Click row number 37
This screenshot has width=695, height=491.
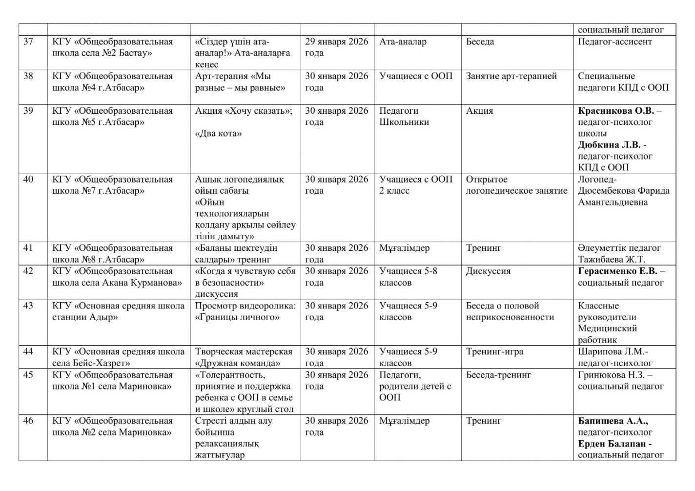click(x=28, y=41)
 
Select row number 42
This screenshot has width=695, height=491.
click(x=28, y=271)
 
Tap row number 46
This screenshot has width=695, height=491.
click(x=28, y=421)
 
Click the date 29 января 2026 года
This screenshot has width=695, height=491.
click(x=336, y=47)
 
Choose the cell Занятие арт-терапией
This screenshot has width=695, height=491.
click(x=511, y=76)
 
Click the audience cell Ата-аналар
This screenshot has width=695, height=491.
click(x=403, y=41)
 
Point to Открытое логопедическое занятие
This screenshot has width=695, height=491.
click(x=516, y=185)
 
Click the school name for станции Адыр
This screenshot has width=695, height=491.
click(x=118, y=311)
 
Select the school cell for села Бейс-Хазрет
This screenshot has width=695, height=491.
click(x=118, y=357)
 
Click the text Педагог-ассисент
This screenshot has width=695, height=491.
click(x=614, y=41)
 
